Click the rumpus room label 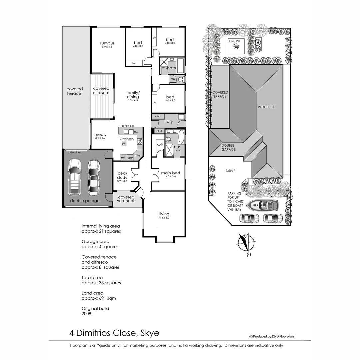[107, 43]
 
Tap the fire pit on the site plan [236, 46]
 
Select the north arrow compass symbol [246, 244]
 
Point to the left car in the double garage [74, 177]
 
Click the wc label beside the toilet [173, 79]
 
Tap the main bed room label [171, 173]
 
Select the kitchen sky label [124, 144]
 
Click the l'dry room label [168, 122]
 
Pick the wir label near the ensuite [160, 145]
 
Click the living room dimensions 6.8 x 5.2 [164, 218]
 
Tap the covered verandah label [126, 199]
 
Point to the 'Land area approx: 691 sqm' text [99, 296]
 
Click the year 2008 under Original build [86, 314]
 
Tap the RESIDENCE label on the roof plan [266, 107]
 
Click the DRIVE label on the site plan [230, 171]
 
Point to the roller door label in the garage [74, 152]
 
